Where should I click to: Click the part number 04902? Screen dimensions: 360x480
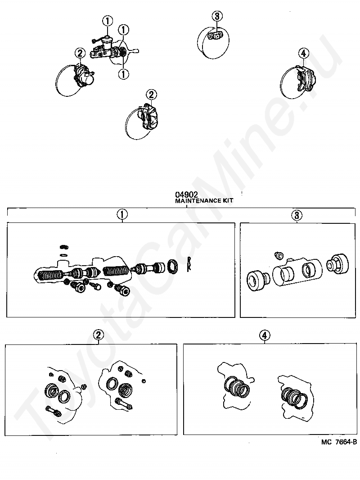click(x=186, y=195)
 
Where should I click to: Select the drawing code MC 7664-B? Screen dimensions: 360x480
click(x=339, y=442)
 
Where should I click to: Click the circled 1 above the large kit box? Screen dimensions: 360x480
click(x=122, y=215)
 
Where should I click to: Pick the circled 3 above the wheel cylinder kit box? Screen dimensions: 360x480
click(x=297, y=215)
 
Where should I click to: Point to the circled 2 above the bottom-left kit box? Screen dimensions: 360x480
click(x=98, y=335)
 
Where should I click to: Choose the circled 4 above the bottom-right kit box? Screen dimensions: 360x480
click(x=265, y=335)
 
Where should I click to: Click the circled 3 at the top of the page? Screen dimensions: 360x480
click(x=217, y=16)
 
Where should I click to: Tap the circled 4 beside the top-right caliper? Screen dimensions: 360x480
click(x=303, y=54)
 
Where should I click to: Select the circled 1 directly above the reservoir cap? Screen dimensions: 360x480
click(x=108, y=21)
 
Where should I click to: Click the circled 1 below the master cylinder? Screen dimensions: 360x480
click(x=124, y=74)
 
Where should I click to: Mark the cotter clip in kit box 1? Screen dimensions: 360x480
click(x=189, y=263)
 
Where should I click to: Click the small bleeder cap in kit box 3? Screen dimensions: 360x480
click(x=279, y=255)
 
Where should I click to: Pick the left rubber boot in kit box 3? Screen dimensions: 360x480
click(x=258, y=280)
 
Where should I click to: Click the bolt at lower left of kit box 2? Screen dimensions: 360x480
click(x=53, y=411)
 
